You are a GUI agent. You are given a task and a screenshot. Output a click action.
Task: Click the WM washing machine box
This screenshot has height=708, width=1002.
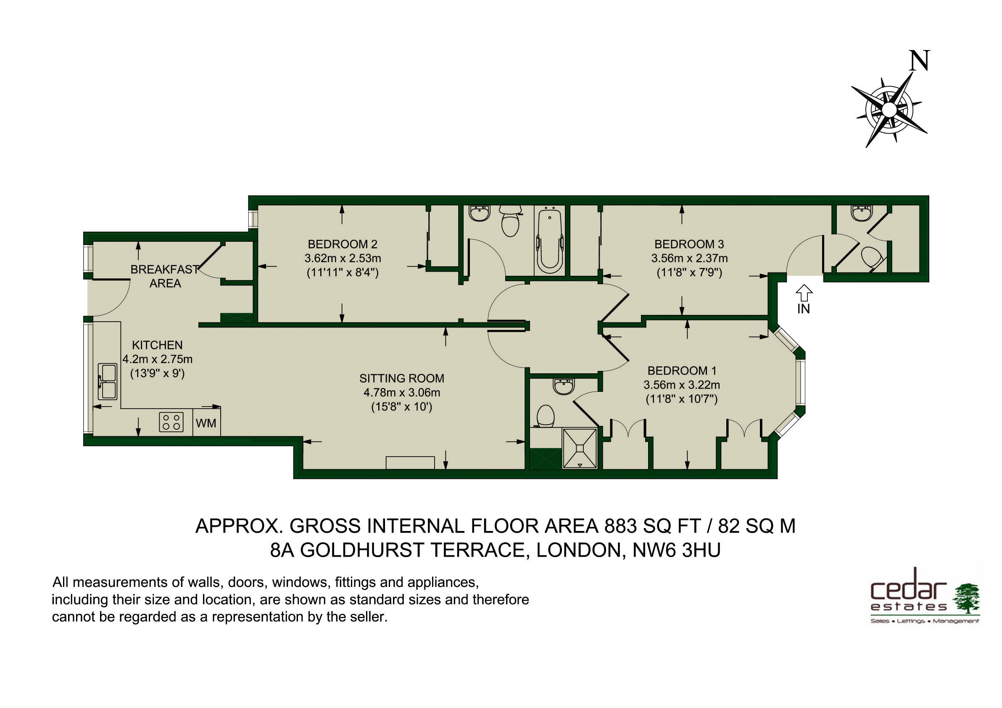tap(206, 422)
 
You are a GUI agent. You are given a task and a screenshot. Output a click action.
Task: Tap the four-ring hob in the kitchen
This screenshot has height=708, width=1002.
tap(171, 422)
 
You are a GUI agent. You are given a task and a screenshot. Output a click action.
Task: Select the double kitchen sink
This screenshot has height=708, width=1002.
tap(107, 381)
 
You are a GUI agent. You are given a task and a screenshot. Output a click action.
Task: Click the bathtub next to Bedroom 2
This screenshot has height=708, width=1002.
tap(549, 241)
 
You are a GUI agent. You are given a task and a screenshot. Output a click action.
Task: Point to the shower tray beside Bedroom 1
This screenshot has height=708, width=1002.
tap(580, 448)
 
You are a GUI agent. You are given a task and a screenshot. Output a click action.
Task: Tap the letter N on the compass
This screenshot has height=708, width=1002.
tap(920, 61)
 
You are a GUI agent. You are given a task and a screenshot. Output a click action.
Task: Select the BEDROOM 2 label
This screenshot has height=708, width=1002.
tap(343, 244)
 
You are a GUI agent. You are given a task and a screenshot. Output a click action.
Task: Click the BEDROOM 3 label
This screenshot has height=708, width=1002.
tap(689, 244)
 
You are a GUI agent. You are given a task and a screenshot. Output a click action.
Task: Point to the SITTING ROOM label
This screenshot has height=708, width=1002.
tap(401, 378)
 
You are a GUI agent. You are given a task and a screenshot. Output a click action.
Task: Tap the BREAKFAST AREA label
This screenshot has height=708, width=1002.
tap(165, 276)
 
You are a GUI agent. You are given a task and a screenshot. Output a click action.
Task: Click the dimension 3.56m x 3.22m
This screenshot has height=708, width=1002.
tap(682, 385)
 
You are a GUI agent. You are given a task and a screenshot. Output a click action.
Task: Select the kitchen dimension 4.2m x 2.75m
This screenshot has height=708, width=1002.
tap(157, 359)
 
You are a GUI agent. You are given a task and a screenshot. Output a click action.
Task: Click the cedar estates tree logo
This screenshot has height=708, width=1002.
tap(966, 598)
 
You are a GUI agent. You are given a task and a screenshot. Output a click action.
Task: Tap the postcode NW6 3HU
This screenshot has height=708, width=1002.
tap(676, 550)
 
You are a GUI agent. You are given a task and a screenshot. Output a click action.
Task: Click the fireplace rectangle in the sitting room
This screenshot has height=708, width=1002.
tap(410, 463)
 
